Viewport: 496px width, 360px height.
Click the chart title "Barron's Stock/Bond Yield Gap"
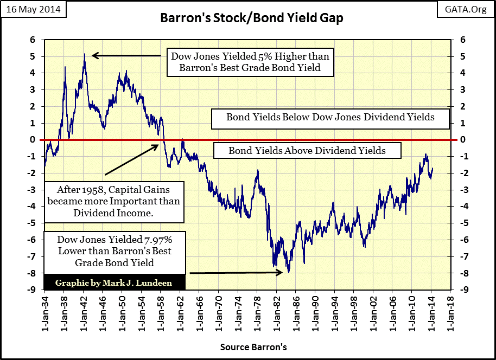click(x=251, y=18)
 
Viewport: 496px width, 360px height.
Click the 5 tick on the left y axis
click(x=32, y=56)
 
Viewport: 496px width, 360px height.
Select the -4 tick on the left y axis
click(x=32, y=206)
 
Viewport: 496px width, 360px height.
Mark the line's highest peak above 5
click(x=85, y=54)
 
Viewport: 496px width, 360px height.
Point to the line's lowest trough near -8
click(x=289, y=272)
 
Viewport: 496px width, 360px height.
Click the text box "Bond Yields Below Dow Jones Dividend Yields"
click(x=330, y=117)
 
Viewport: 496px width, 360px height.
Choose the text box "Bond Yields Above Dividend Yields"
click(x=307, y=150)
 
